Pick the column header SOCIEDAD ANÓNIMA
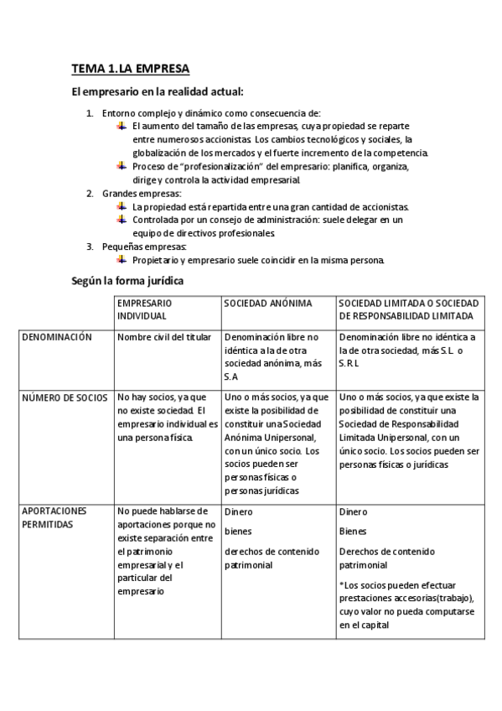tap(267, 302)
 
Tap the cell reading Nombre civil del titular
tap(164, 337)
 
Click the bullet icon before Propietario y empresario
tap(122, 259)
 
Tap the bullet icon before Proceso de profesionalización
tap(122, 166)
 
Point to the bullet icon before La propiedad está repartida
tap(122, 206)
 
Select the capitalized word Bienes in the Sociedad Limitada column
tap(353, 531)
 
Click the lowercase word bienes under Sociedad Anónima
tap(238, 531)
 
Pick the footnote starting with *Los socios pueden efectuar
tap(406, 604)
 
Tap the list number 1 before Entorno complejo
tap(91, 113)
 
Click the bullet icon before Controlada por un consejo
tap(122, 219)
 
